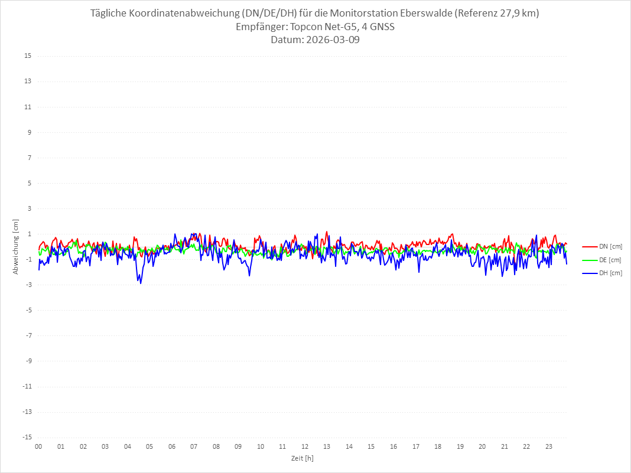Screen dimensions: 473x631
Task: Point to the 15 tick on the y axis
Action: click(28, 56)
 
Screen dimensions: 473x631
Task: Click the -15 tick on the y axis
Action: click(27, 437)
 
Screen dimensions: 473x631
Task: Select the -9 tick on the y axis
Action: click(28, 361)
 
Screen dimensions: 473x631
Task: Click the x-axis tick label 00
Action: click(38, 446)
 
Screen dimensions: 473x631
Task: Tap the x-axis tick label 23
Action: click(549, 446)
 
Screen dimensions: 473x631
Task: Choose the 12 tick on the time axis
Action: click(305, 446)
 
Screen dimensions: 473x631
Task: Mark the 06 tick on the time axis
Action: click(171, 446)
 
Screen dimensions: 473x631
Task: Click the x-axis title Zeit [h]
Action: click(303, 458)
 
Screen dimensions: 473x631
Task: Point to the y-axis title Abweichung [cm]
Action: click(16, 246)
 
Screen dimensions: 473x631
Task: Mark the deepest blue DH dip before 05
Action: click(141, 283)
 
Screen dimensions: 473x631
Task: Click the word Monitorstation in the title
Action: click(373, 14)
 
